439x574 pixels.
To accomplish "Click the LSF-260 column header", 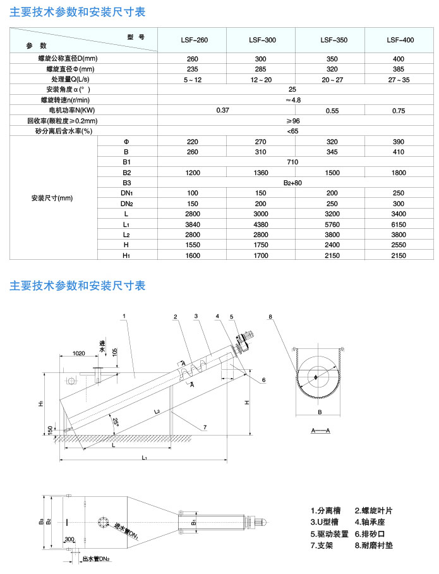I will tap(195, 40).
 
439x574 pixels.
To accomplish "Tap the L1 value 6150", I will tap(400, 224).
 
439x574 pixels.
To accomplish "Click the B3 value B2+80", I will tap(292, 183).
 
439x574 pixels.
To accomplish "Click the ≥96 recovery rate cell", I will tap(292, 121).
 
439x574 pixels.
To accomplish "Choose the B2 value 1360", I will tap(263, 173).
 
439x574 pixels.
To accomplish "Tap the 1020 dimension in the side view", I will tap(78, 353).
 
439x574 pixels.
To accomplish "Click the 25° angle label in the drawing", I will tap(115, 420).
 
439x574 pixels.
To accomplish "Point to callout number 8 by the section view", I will tap(270, 316).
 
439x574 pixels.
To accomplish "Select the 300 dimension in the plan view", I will tap(69, 539).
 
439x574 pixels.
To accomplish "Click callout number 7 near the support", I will tap(206, 428).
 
